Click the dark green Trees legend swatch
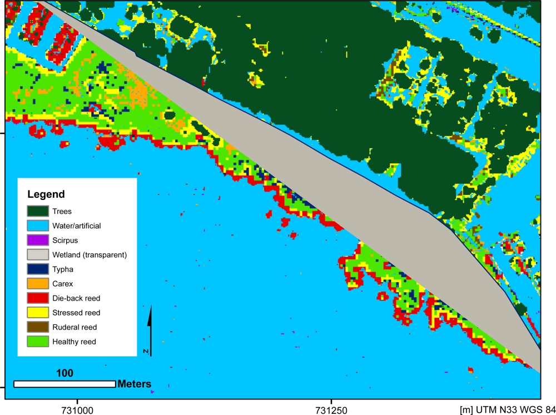(x=37, y=211)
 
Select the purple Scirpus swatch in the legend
(x=37, y=240)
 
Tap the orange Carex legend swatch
(x=37, y=283)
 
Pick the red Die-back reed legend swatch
(x=37, y=298)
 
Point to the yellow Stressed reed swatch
(x=37, y=312)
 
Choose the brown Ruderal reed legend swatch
(x=37, y=327)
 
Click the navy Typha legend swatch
(x=37, y=269)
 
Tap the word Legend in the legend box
(x=46, y=194)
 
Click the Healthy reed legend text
(x=74, y=342)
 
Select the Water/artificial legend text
(x=76, y=226)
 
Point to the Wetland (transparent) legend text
(x=90, y=255)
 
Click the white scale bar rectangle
(x=64, y=384)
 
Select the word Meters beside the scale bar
(x=134, y=384)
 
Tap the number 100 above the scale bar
(x=64, y=373)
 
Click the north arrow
(x=150, y=330)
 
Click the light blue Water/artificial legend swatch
(x=37, y=226)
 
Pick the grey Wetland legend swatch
(x=37, y=254)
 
